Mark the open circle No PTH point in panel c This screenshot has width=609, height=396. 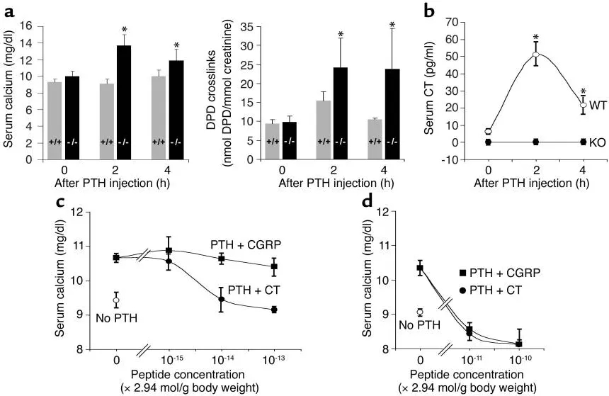116,300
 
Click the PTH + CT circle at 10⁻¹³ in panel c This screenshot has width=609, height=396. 273,310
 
